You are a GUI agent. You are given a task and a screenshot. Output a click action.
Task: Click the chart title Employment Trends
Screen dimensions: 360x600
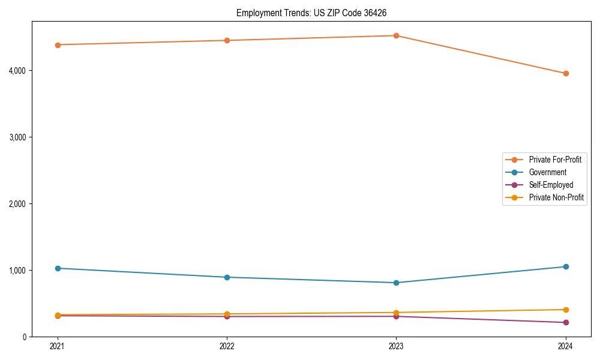(x=316, y=13)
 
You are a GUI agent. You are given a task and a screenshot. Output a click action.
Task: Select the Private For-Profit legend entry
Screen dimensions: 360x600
(x=555, y=160)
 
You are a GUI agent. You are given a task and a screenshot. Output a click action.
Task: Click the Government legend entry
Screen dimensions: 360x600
(x=547, y=172)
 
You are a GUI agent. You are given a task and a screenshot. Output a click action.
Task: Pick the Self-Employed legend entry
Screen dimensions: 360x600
(x=551, y=185)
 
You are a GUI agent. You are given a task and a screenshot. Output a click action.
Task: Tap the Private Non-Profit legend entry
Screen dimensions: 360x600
(x=556, y=197)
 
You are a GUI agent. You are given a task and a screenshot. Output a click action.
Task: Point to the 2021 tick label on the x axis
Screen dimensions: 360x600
(x=58, y=346)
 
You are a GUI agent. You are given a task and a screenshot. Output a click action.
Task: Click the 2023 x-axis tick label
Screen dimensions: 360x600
(x=396, y=346)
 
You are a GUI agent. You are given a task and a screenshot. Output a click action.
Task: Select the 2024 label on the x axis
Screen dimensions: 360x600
(x=566, y=346)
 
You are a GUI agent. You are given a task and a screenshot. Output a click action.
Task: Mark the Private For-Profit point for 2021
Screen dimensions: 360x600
(x=58, y=45)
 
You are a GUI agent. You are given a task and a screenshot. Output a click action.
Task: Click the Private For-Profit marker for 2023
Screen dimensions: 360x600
(x=396, y=35)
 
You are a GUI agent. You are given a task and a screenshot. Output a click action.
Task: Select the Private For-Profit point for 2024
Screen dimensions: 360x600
(x=566, y=73)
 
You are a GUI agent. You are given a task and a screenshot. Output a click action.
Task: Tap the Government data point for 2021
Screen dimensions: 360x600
(x=58, y=268)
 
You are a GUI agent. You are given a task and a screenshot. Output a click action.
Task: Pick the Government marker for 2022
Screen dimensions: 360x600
(x=227, y=277)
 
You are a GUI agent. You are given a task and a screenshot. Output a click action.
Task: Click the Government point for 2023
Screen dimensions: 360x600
(x=396, y=283)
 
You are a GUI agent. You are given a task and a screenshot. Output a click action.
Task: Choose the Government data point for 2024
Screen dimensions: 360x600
(x=566, y=266)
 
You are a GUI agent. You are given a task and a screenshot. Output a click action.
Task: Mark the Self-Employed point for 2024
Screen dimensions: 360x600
(x=566, y=322)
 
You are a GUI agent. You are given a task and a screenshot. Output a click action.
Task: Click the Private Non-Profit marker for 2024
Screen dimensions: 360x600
(x=566, y=310)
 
